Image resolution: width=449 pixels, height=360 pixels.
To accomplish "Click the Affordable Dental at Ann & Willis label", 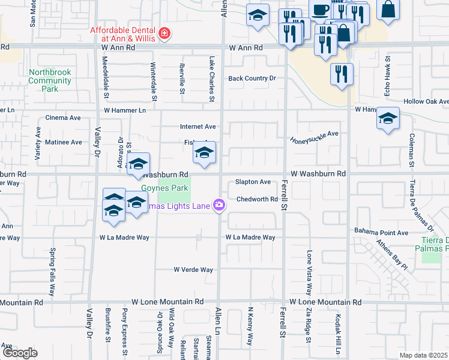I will (122, 35).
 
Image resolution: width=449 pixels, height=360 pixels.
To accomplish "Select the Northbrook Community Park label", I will (50, 80).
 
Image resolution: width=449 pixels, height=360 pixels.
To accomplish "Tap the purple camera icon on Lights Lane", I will (219, 205).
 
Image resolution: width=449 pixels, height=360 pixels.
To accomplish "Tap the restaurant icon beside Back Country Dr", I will (342, 74).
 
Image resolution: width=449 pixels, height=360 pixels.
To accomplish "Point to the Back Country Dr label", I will (252, 79).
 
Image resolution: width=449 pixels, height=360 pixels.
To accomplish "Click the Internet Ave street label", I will (197, 127).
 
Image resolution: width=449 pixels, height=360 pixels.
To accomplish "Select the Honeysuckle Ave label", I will (315, 137).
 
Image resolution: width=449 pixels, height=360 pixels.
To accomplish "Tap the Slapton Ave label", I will (253, 182).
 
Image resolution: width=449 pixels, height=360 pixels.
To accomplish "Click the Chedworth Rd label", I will (256, 200).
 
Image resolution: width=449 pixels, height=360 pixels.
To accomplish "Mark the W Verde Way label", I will (193, 270).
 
